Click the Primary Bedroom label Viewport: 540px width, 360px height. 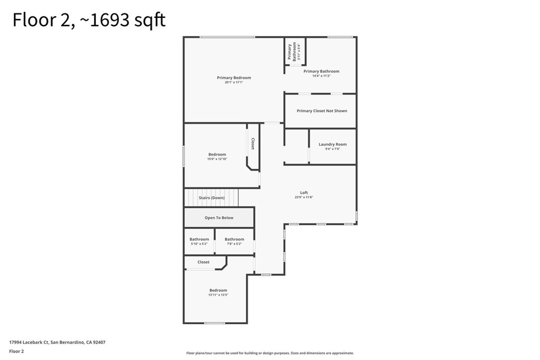[x=234, y=77]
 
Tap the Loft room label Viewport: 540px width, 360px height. [x=304, y=193]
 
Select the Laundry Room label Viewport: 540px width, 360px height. [x=332, y=144]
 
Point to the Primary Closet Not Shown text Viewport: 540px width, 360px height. [x=322, y=111]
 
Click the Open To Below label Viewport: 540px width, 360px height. [x=219, y=218]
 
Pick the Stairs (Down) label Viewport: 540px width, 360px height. [x=211, y=198]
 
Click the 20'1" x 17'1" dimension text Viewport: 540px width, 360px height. [x=234, y=82]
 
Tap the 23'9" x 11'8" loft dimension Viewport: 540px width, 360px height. [x=304, y=197]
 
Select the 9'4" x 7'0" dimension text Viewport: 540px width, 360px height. [x=332, y=149]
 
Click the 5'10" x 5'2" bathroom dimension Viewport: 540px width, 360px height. [x=199, y=244]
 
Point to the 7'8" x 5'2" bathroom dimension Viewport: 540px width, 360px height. [x=234, y=244]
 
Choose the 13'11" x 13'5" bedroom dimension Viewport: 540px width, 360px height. [x=218, y=295]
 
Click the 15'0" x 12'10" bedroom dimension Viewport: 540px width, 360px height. [x=217, y=159]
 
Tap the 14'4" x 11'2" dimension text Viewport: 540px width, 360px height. [x=321, y=76]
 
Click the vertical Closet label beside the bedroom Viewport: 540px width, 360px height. [x=253, y=144]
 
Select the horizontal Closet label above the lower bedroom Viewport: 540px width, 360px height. [x=203, y=262]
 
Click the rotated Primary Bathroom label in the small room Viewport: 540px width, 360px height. [x=292, y=52]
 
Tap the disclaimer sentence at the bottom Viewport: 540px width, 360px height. [x=269, y=353]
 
